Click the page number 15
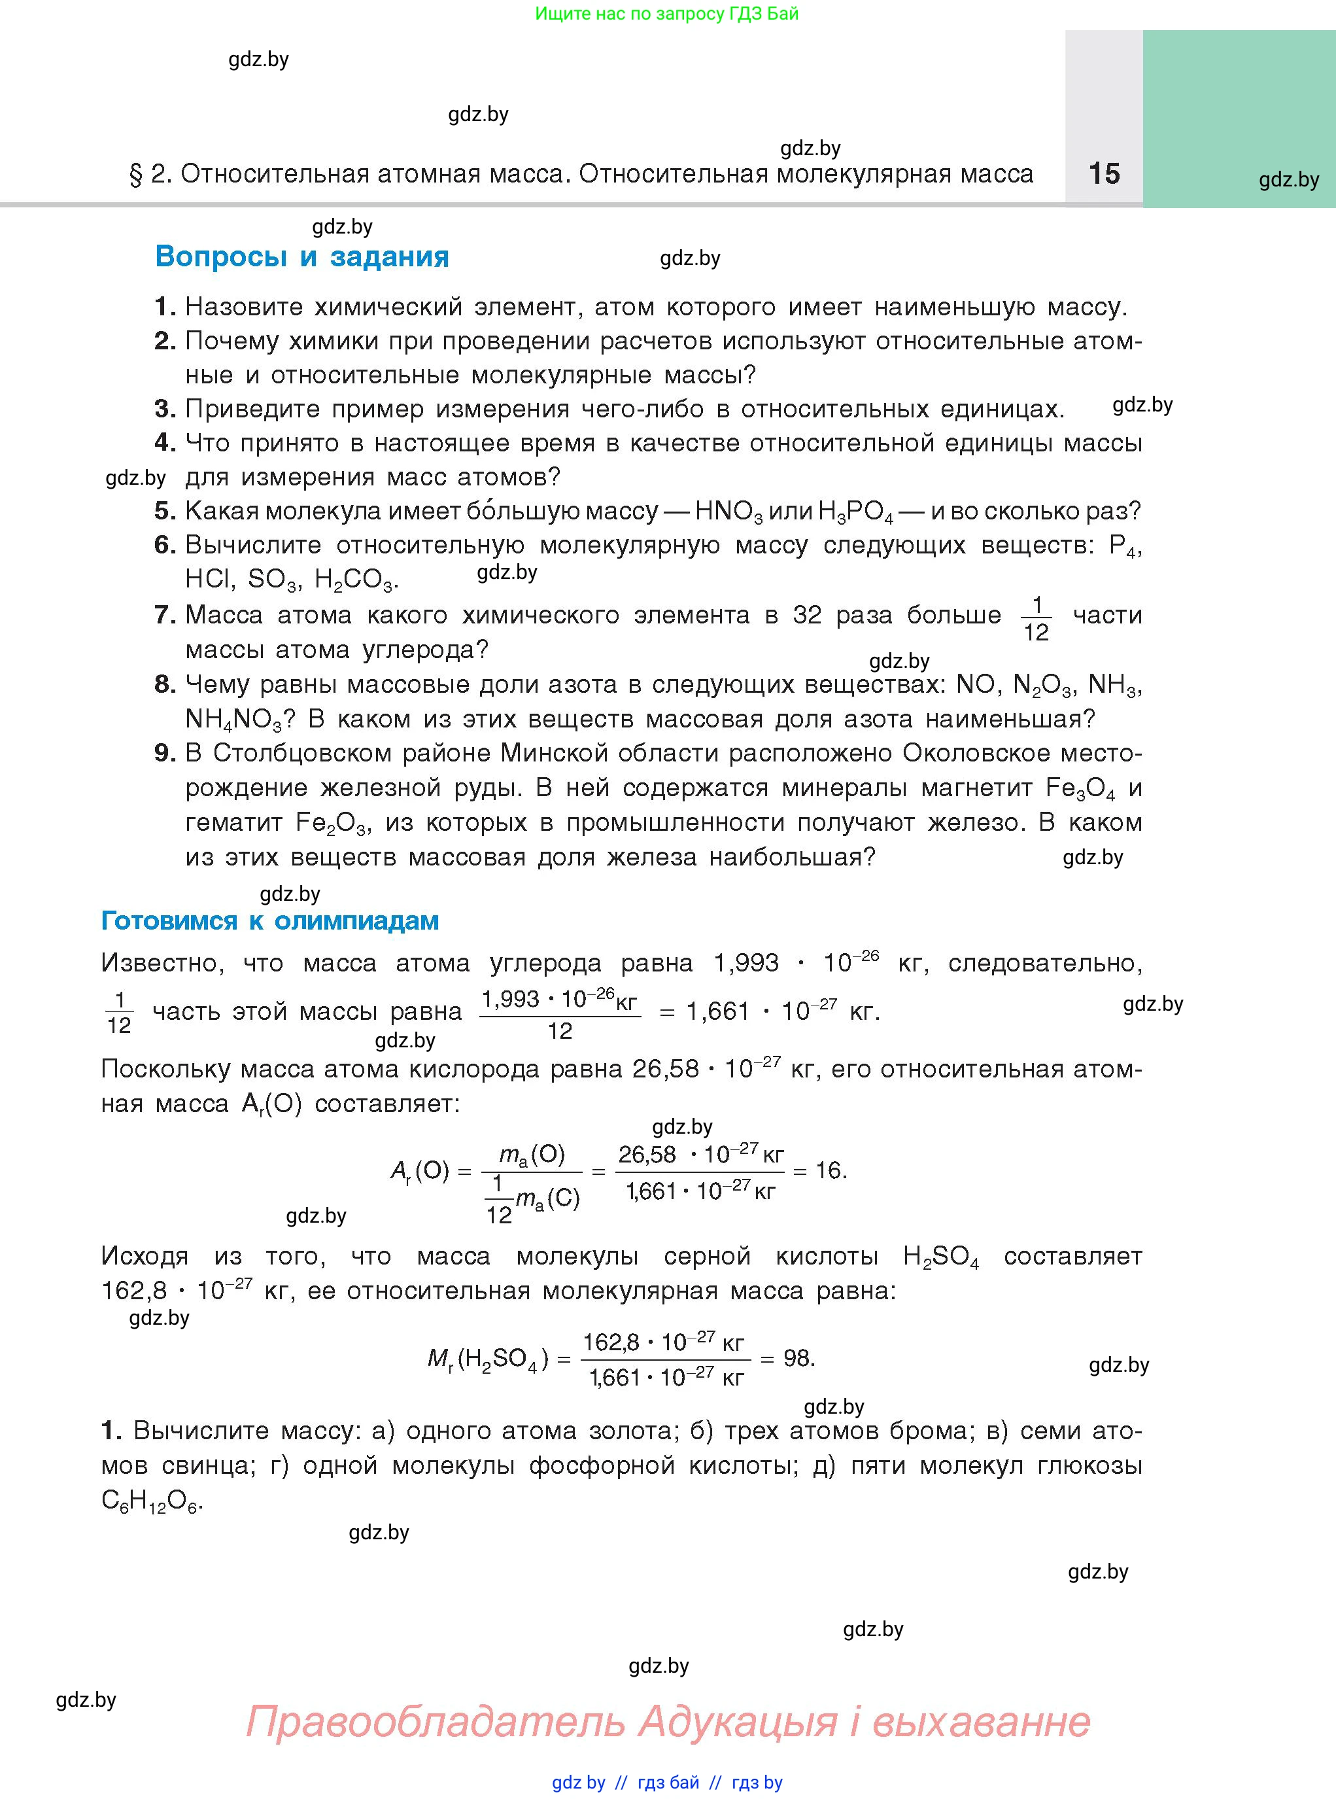click(1104, 174)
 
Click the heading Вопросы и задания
click(301, 256)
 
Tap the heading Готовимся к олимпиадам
click(269, 920)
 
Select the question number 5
click(164, 511)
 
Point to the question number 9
click(164, 753)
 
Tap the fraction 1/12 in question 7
click(1036, 619)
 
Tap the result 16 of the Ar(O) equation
click(829, 1170)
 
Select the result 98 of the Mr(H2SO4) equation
click(797, 1358)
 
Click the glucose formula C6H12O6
click(150, 1501)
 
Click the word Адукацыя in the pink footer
click(737, 1721)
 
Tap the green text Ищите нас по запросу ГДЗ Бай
click(666, 14)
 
